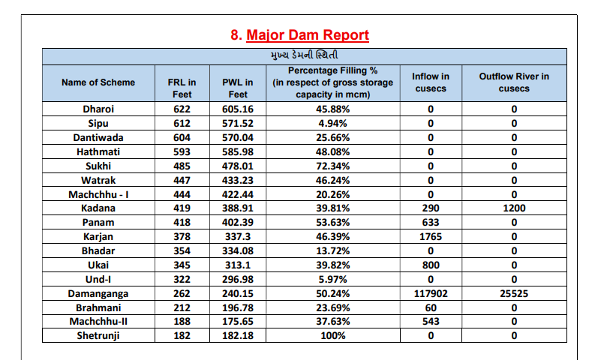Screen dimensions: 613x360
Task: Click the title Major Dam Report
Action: [308, 35]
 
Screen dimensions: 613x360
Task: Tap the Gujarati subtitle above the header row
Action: [304, 55]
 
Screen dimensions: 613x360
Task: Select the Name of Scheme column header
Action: [98, 82]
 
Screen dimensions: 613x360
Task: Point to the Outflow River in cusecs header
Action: [514, 82]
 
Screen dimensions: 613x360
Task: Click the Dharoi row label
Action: [98, 109]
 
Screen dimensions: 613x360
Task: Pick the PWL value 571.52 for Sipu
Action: [238, 124]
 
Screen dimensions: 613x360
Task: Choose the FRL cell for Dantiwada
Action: [182, 137]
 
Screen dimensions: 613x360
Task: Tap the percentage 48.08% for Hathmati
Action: [332, 151]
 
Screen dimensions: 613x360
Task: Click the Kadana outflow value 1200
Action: [514, 208]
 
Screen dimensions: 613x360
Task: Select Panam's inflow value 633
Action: [431, 223]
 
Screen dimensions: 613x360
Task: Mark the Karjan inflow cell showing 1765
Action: [431, 236]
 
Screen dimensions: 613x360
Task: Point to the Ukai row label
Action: [98, 265]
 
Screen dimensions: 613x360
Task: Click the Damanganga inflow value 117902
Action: [431, 293]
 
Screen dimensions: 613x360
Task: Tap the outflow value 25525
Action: [514, 293]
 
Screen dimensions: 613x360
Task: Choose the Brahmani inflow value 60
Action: [431, 307]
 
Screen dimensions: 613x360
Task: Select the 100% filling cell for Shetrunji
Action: [332, 335]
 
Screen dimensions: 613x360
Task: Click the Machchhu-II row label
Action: [98, 321]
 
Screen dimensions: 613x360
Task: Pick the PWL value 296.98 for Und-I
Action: [238, 279]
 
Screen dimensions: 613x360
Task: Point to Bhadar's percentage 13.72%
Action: [332, 250]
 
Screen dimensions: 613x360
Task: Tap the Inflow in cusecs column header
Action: [431, 82]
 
